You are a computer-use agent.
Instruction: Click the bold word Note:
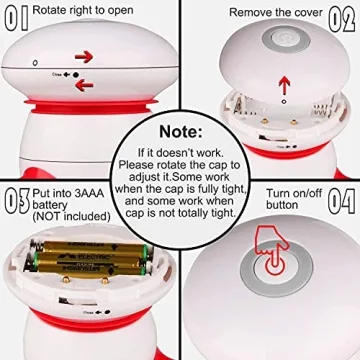(x=180, y=130)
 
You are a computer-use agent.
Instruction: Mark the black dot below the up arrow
(x=282, y=102)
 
